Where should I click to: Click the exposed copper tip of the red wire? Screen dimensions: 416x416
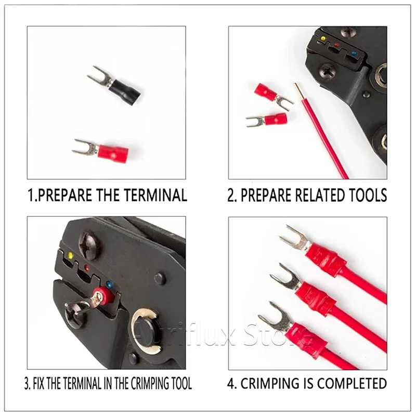coord(298,89)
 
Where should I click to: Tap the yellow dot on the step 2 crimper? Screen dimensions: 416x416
coord(322,38)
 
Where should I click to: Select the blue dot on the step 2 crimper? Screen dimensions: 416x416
coord(353,53)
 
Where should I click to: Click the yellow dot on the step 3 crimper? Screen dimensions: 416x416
coord(70,255)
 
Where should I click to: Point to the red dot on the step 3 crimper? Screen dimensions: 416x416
coord(86,267)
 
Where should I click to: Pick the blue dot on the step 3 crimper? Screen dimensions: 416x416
coord(109,284)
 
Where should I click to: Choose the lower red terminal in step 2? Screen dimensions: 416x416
coord(267,120)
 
